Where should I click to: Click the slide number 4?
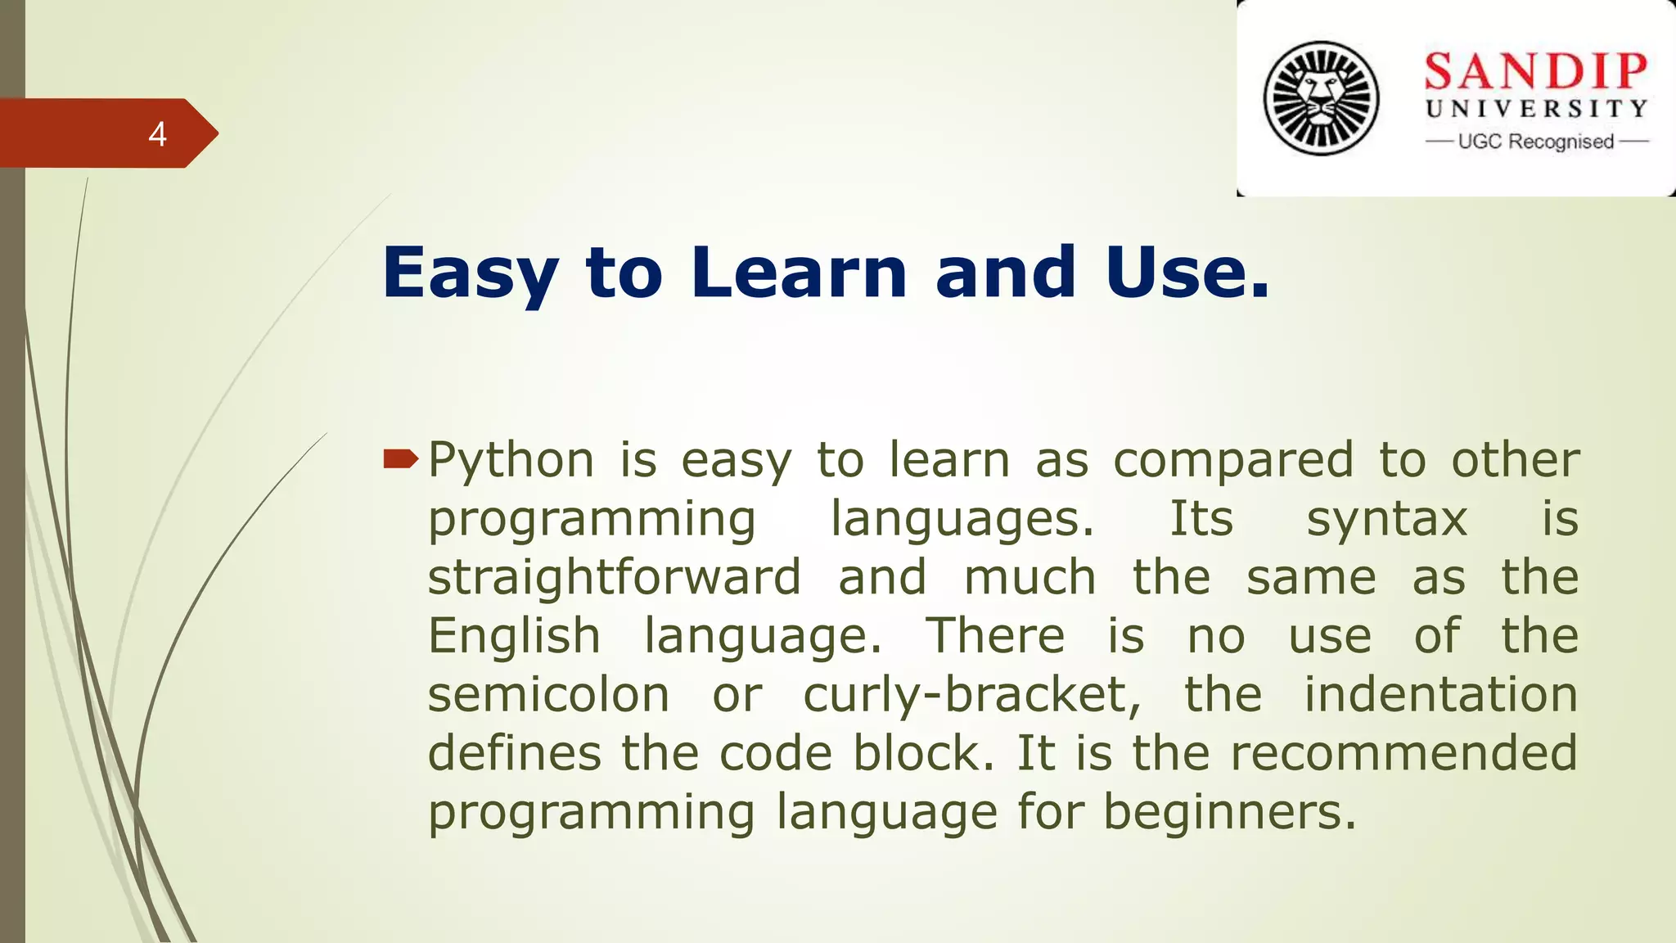tap(158, 134)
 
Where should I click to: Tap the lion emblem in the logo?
tap(1321, 98)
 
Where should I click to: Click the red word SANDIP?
tap(1535, 72)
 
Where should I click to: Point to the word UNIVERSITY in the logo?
tap(1536, 109)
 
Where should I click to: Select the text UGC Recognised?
tap(1536, 142)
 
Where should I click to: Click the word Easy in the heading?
tap(470, 273)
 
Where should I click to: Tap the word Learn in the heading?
tap(799, 272)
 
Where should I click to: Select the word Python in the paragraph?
tap(511, 461)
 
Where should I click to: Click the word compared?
tap(1233, 461)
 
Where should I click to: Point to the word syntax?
tap(1387, 521)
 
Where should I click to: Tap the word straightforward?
tap(615, 578)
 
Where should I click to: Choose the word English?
tap(515, 637)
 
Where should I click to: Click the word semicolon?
tap(548, 695)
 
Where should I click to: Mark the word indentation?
tap(1440, 695)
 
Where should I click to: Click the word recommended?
tap(1404, 753)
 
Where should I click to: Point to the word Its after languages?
tap(1201, 519)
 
